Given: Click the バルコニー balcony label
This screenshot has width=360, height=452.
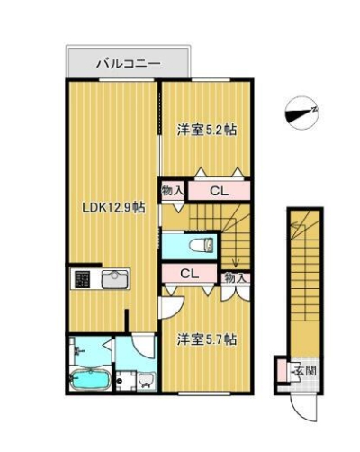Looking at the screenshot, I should click(129, 64).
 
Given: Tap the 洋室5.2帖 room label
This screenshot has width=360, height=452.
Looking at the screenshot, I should click(207, 130).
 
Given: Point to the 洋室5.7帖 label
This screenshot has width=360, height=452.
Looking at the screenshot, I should click(207, 339).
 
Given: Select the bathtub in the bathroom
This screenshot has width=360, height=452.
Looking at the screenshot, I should click(89, 381).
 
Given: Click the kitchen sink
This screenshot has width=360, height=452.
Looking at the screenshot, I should click(115, 279).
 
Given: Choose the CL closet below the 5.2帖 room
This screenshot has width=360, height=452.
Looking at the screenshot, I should click(219, 191).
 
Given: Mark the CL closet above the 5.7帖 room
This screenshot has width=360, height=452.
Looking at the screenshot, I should click(189, 275).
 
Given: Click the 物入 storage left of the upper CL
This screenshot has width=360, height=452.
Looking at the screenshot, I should click(173, 191).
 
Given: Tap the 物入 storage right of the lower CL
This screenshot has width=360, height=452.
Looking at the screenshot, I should click(236, 278).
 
